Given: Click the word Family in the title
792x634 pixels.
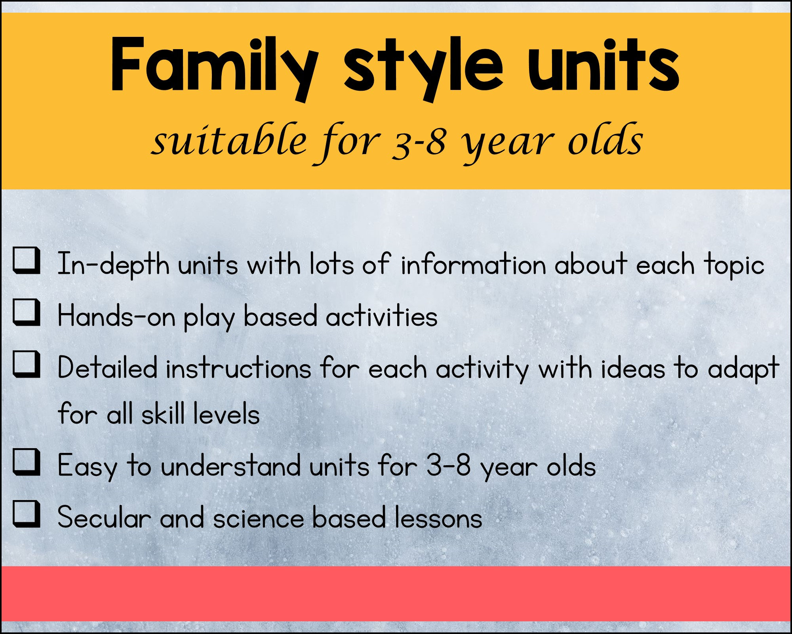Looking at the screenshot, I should point(214,65).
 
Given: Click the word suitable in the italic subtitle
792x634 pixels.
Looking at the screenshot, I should point(230,141).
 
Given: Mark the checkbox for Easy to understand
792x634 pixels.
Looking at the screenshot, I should point(26,462).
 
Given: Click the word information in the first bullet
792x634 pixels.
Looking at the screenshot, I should point(474,264).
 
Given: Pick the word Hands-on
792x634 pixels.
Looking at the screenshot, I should point(116,317).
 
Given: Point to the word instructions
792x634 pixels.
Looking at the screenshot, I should point(238,369).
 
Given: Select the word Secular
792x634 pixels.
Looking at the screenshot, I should point(104,518).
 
